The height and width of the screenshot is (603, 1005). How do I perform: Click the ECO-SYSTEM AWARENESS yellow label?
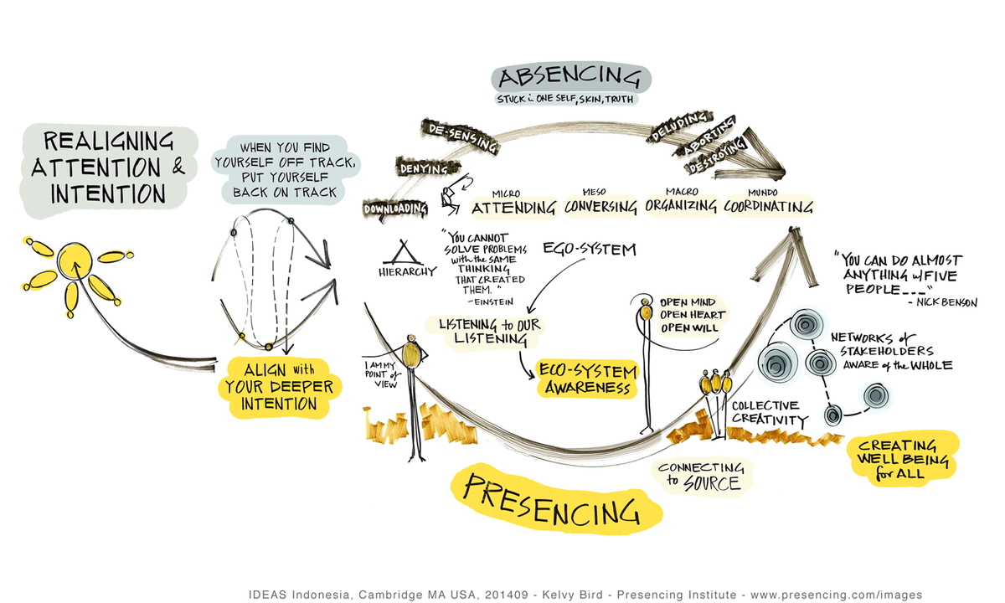pos(588,379)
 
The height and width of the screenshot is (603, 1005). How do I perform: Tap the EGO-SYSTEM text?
pos(589,249)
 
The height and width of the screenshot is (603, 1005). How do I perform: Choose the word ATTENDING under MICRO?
pos(513,207)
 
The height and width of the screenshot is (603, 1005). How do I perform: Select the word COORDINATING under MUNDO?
pos(769,205)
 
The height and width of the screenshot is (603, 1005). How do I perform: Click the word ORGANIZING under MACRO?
pos(682,205)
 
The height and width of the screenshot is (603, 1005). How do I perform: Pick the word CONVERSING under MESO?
pos(600,207)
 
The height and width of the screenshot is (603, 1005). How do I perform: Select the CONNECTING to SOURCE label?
pos(701,476)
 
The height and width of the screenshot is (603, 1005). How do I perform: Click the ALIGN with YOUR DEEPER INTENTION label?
pos(279,387)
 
